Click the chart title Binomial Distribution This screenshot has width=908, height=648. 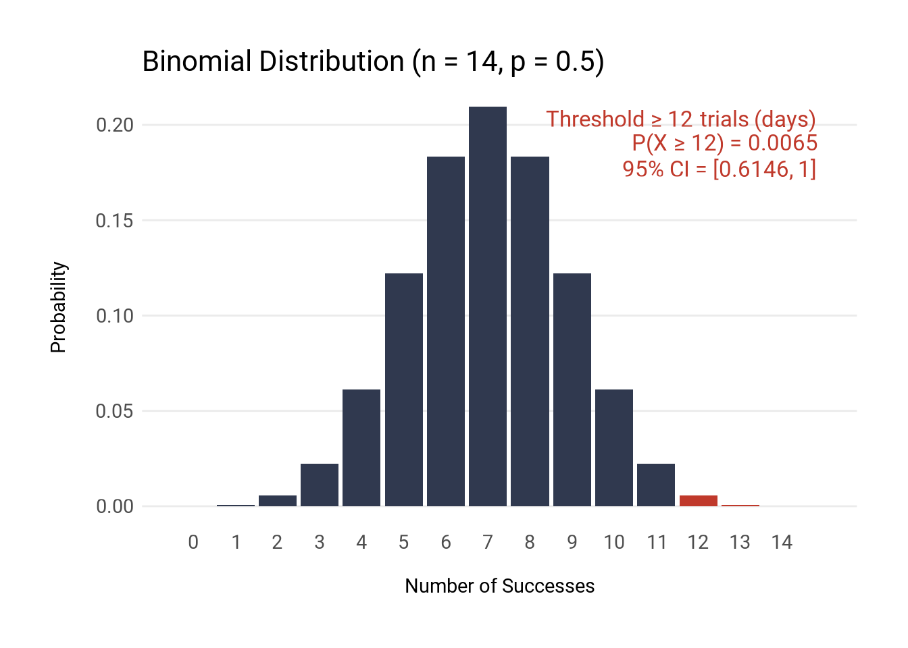[373, 61]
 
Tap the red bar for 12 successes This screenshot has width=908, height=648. [698, 501]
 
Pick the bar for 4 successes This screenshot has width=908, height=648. [361, 448]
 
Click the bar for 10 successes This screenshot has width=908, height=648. [614, 448]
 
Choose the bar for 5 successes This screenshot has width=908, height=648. [404, 389]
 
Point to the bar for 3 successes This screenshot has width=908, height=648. [320, 485]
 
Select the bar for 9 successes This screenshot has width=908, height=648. [572, 389]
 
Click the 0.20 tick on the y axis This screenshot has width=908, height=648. [115, 126]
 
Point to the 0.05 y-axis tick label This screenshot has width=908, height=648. [115, 411]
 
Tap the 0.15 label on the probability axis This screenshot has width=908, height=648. [115, 221]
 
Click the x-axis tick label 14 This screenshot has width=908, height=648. [782, 543]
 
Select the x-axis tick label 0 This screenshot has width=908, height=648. [193, 543]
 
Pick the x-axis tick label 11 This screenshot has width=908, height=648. [657, 543]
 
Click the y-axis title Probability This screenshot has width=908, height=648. [59, 307]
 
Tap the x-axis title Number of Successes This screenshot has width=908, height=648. [499, 586]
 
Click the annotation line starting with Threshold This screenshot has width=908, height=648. [681, 119]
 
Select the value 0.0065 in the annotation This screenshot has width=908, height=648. [782, 143]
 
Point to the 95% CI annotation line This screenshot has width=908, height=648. [719, 169]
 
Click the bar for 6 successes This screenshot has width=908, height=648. [446, 331]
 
